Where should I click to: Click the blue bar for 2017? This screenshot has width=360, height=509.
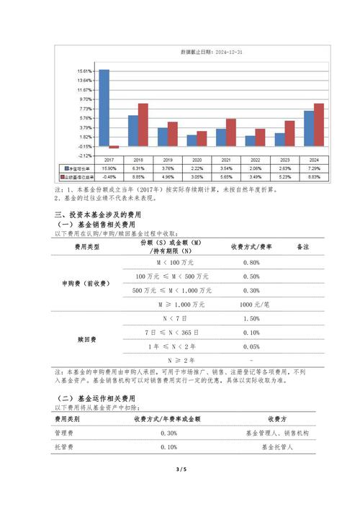click(x=104, y=108)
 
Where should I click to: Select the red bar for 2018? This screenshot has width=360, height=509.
click(x=143, y=125)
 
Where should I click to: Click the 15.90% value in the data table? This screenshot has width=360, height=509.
click(x=109, y=168)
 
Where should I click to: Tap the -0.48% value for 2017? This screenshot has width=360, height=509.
click(x=109, y=176)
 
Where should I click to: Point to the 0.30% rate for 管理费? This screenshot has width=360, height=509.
click(x=168, y=433)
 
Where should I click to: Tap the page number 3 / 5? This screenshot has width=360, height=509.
click(x=180, y=469)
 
